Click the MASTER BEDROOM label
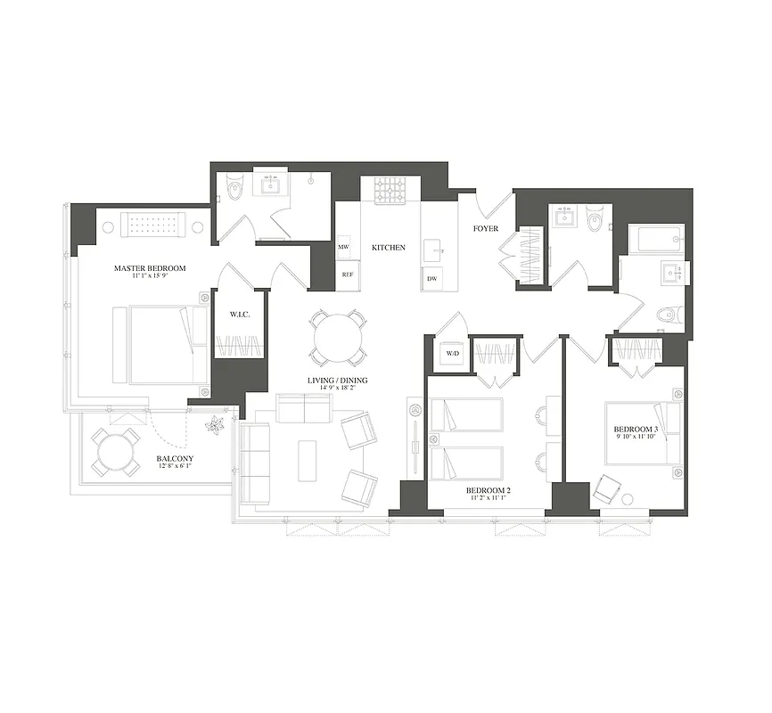(149, 268)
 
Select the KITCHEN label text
(389, 247)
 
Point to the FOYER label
(485, 228)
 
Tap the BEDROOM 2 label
(488, 491)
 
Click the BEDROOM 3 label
(636, 430)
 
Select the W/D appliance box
(451, 354)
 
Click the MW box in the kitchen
(344, 247)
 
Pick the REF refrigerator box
(347, 275)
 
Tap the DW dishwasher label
(432, 279)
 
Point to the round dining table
(337, 337)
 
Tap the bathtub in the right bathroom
(655, 240)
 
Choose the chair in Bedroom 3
(608, 489)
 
